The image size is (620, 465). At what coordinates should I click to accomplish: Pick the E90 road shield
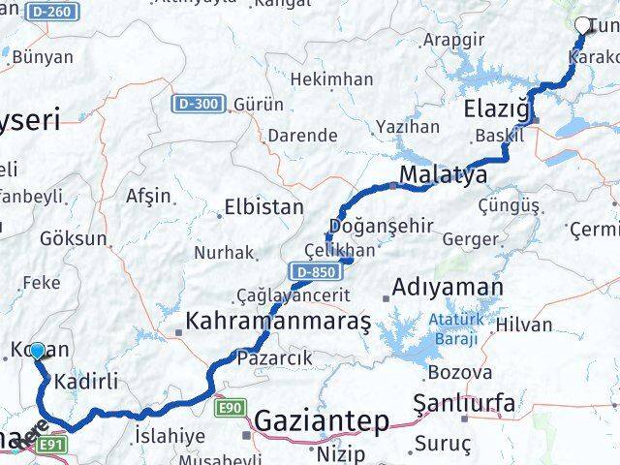click(230, 408)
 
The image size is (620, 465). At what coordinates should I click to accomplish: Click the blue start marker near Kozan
click(37, 351)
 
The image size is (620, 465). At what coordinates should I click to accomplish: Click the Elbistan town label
click(263, 207)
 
